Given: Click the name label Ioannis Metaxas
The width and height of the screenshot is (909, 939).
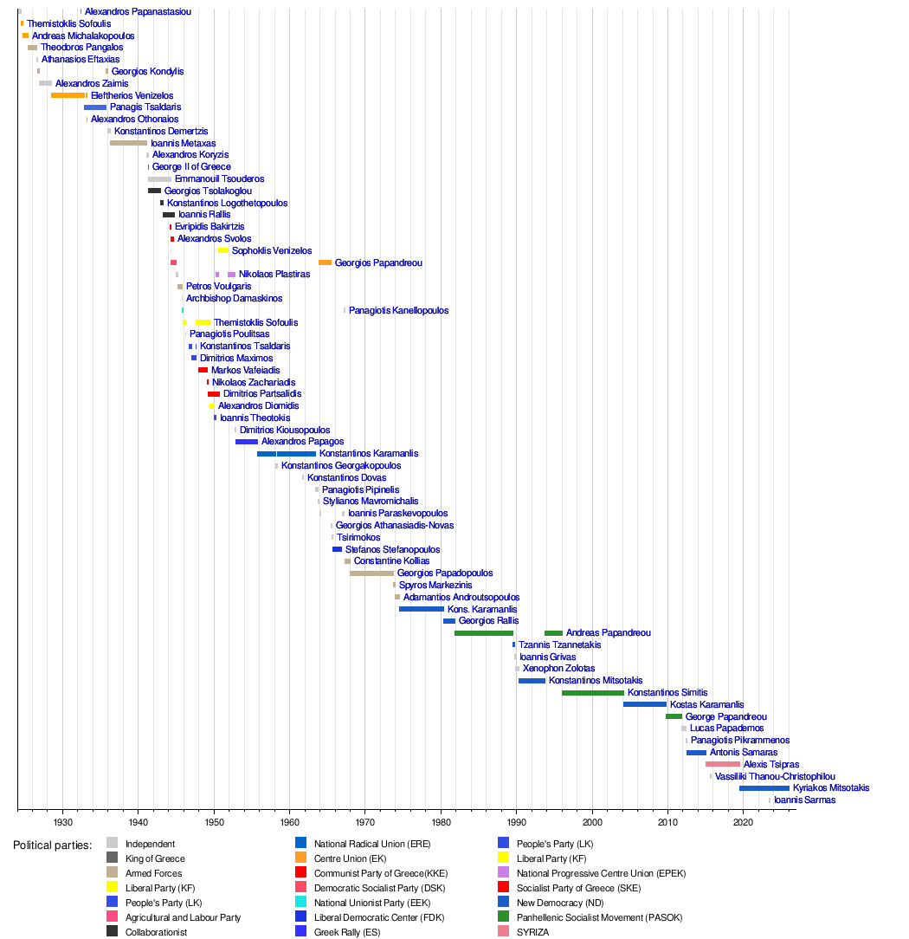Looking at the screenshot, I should tap(183, 143).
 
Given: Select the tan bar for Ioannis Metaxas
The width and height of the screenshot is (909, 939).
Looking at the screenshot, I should tap(128, 143).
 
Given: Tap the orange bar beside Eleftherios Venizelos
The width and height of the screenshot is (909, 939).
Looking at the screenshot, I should tap(68, 95).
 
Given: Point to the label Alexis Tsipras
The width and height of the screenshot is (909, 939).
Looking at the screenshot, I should tap(771, 765).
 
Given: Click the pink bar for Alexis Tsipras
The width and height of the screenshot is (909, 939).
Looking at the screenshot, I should tap(723, 764).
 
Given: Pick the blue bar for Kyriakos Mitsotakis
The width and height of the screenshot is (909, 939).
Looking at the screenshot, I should tap(764, 788).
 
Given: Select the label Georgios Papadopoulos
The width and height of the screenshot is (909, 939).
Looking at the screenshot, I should tap(445, 573).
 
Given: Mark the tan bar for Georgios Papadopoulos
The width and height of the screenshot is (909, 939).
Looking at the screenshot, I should tap(371, 573).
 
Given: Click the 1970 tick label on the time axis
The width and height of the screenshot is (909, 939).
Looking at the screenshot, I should tap(364, 820).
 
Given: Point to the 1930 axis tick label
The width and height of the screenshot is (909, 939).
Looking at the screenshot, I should tap(62, 820).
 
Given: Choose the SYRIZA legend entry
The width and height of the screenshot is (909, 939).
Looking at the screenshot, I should tap(533, 932).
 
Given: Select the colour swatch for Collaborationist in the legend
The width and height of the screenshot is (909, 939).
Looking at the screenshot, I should tap(113, 932).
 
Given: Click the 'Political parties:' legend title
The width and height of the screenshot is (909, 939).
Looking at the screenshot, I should tap(52, 845).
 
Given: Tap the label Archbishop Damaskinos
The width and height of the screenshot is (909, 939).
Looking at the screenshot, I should tap(234, 299).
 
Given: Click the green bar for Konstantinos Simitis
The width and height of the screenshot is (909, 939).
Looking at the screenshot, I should tap(592, 693).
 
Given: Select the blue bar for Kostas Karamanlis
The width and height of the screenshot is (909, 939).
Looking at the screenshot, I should tap(644, 705).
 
